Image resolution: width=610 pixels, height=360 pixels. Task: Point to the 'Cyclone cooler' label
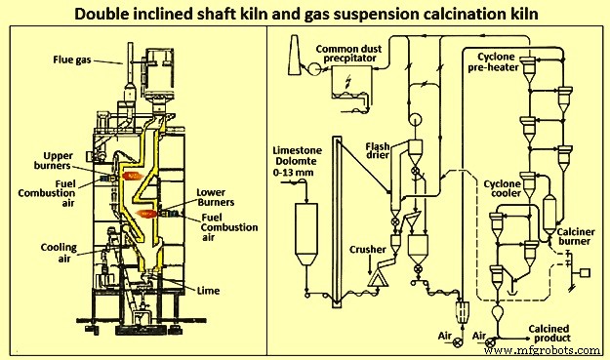pyautogui.click(x=508, y=189)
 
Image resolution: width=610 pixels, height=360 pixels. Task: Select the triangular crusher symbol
pyautogui.click(x=374, y=282)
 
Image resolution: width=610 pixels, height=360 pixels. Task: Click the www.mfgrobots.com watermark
pyautogui.click(x=549, y=349)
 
